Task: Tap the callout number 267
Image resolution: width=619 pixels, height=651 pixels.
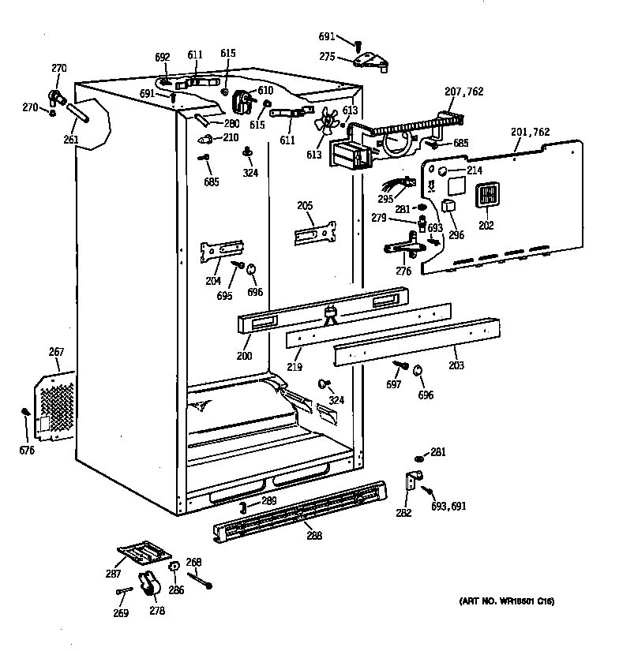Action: tap(56, 352)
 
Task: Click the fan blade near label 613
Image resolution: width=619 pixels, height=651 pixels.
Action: tap(325, 123)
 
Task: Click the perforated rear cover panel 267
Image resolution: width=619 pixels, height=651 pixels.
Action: tap(55, 402)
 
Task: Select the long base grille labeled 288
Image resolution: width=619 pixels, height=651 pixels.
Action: tap(300, 513)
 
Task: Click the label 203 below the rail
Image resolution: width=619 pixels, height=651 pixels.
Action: tap(456, 365)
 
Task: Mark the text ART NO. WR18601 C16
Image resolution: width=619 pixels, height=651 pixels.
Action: tap(506, 602)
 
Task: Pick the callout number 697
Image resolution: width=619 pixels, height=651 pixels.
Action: tap(394, 384)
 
